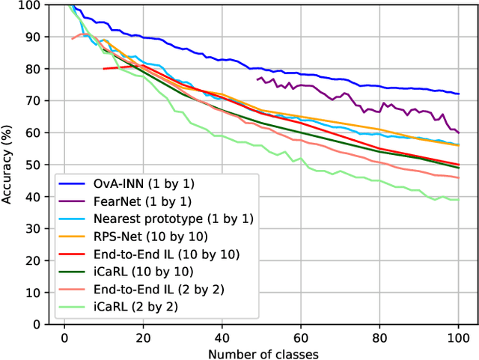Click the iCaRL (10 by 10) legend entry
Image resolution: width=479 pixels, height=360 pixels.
(139, 272)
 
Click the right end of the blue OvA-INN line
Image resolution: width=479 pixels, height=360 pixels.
(458, 94)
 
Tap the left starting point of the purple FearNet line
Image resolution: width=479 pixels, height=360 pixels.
(257, 79)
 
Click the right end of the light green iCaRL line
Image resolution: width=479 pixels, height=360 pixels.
(458, 199)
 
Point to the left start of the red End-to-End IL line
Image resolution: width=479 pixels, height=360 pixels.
(104, 69)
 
